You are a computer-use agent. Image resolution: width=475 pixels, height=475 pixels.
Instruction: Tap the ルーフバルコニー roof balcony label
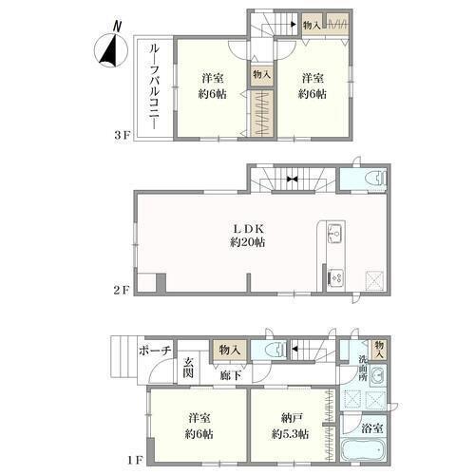pyautogui.click(x=154, y=86)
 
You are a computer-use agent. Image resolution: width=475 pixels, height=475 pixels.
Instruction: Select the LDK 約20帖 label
pyautogui.click(x=248, y=236)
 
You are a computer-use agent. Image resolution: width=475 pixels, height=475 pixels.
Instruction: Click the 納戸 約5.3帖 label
pyautogui.click(x=290, y=427)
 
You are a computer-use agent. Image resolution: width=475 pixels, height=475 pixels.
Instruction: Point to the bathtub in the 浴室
pyautogui.click(x=364, y=449)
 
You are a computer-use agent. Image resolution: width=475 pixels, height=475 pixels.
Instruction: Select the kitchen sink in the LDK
pyautogui.click(x=335, y=233)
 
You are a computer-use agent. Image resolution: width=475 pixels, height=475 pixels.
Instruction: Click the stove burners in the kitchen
pyautogui.click(x=335, y=278)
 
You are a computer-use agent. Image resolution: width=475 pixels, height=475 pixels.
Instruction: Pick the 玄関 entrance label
pyautogui.click(x=188, y=368)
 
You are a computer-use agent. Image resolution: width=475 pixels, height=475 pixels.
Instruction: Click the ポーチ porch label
pyautogui.click(x=155, y=351)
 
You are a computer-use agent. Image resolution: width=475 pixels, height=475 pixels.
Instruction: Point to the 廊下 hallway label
pyautogui.click(x=231, y=375)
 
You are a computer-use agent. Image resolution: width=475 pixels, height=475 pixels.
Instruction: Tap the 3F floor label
pyautogui.click(x=123, y=136)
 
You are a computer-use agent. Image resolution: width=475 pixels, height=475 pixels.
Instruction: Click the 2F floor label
pyautogui.click(x=122, y=290)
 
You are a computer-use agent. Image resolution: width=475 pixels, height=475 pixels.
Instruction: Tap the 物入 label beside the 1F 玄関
pyautogui.click(x=230, y=351)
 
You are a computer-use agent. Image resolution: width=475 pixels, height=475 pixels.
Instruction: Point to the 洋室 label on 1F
pyautogui.click(x=199, y=418)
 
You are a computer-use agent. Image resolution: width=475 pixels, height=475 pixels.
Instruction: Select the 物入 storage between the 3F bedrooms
pyautogui.click(x=261, y=75)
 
